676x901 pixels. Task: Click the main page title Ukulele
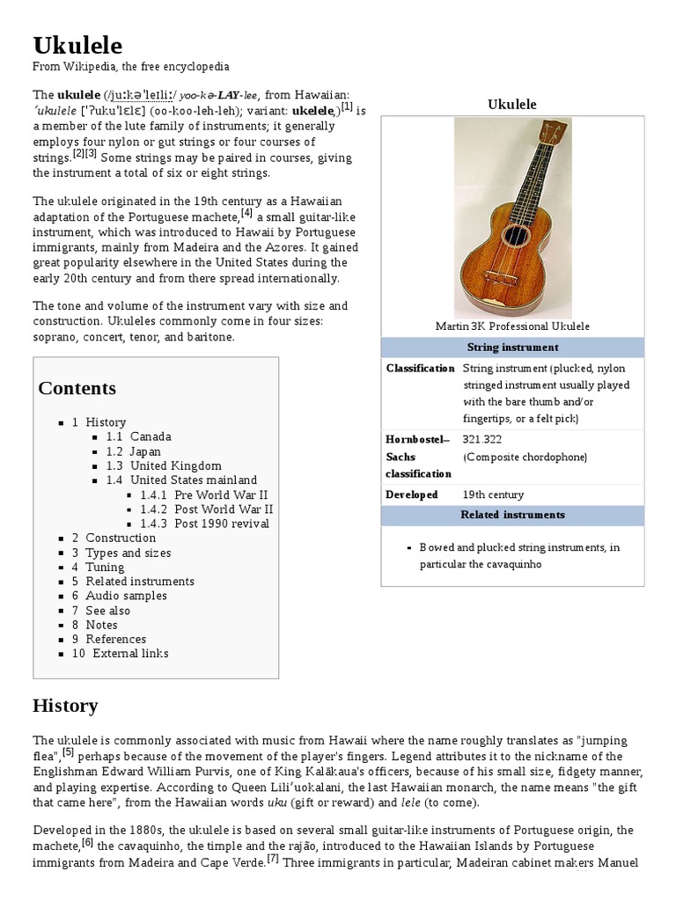point(78,45)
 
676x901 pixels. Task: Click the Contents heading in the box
point(77,388)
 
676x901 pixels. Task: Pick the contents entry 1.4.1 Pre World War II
point(203,494)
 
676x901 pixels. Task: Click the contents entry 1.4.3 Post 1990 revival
point(204,524)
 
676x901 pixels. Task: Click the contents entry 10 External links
point(120,653)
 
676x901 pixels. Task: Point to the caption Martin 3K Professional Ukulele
point(512,326)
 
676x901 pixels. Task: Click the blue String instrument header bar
point(512,348)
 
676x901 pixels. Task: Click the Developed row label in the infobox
point(411,494)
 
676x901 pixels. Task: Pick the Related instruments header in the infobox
point(512,515)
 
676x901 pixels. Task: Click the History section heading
point(65,706)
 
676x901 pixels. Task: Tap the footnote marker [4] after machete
point(247,211)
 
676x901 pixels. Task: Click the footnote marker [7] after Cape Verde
point(273,859)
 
